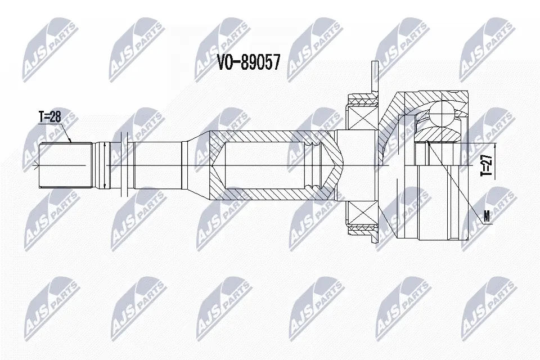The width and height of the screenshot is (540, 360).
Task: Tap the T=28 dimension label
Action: click(49, 117)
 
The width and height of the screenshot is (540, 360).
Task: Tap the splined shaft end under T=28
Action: click(64, 165)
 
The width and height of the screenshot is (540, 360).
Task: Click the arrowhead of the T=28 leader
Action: click(70, 141)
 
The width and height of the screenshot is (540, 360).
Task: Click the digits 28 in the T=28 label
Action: click(55, 117)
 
